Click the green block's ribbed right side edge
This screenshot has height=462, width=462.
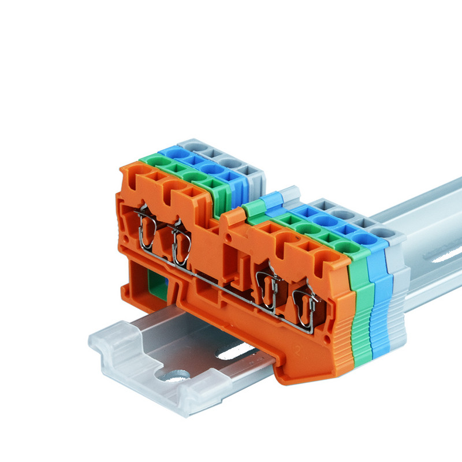[x=362, y=312]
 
